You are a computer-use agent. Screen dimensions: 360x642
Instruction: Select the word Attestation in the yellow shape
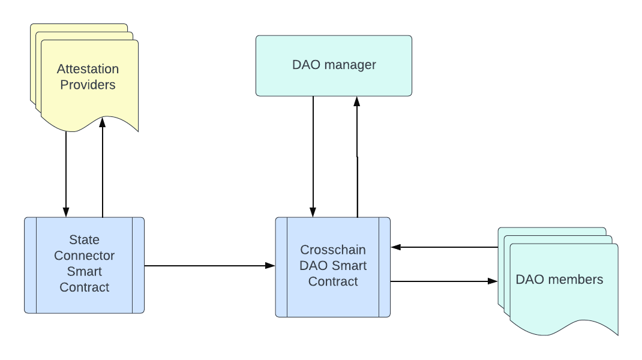(88, 69)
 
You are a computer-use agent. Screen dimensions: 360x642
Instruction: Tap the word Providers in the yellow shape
(88, 85)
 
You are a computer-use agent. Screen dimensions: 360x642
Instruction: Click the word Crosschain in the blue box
(333, 250)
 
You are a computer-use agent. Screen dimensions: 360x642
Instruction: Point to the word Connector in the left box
(84, 256)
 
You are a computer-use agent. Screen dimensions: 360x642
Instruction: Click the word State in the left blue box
(84, 240)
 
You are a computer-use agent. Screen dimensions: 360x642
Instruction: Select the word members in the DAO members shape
(574, 280)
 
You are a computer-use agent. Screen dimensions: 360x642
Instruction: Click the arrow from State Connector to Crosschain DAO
(204, 265)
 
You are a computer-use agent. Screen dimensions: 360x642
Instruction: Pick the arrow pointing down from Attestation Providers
(66, 174)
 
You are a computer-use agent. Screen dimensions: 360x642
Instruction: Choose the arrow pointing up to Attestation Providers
(103, 168)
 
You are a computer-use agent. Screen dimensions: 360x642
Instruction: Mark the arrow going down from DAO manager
(313, 156)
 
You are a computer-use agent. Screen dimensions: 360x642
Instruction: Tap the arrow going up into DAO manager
(357, 156)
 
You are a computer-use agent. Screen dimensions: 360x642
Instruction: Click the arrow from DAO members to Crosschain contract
(444, 247)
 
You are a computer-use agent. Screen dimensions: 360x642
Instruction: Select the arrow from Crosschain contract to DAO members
(444, 281)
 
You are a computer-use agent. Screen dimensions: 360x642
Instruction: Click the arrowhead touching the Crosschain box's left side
(271, 265)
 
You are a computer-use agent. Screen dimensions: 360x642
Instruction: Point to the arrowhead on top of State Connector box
(66, 212)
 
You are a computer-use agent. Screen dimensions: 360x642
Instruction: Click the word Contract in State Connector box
(84, 287)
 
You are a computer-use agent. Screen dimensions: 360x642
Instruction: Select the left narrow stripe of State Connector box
(31, 265)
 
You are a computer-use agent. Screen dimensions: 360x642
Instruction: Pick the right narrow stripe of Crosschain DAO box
(384, 267)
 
